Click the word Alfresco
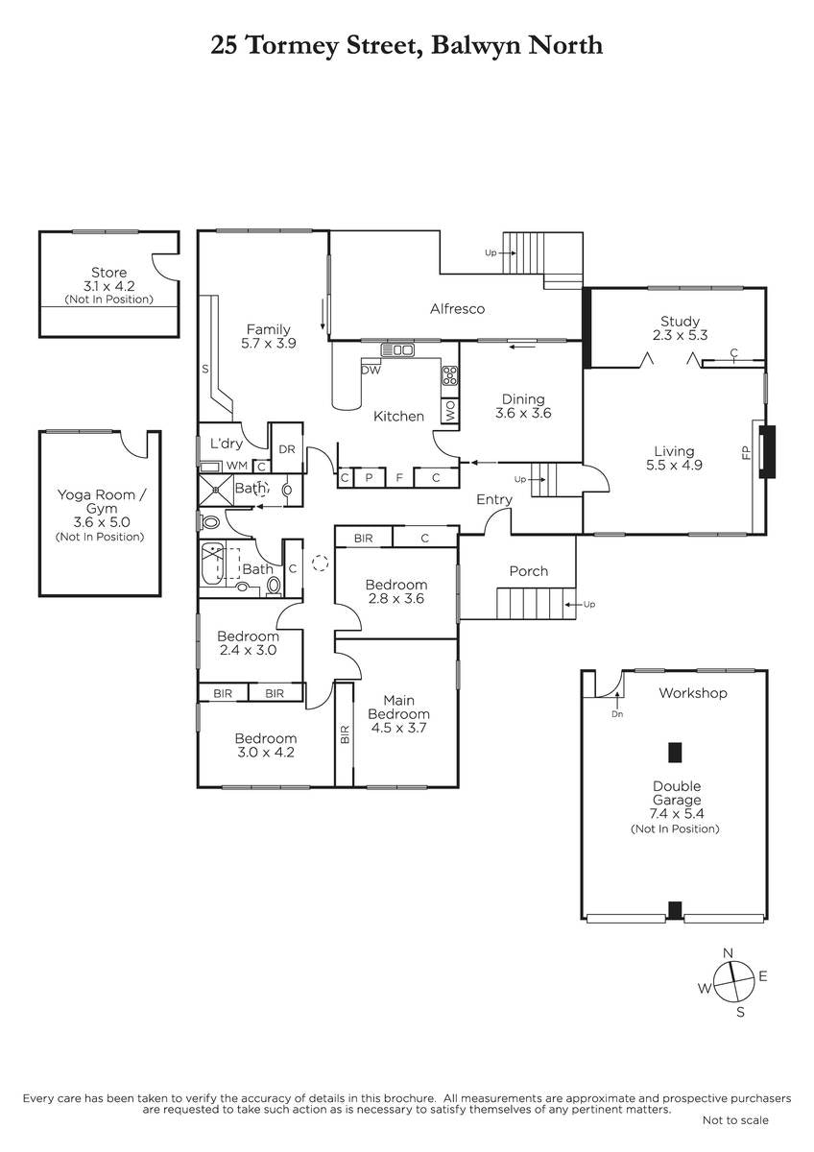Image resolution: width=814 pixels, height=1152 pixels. [x=457, y=308]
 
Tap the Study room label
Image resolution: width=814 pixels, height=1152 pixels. [x=680, y=322]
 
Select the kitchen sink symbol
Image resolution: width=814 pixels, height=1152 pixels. [x=397, y=350]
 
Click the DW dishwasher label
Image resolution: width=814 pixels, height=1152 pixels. [x=371, y=370]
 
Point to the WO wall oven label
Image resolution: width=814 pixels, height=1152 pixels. [x=450, y=411]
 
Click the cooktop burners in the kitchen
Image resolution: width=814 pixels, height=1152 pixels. [x=450, y=375]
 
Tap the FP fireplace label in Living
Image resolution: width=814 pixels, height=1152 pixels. [x=747, y=452]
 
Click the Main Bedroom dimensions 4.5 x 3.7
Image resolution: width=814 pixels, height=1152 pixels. [x=397, y=728]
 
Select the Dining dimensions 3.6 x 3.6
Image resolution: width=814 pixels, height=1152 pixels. [x=523, y=413]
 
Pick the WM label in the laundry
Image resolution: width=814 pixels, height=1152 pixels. [x=237, y=466]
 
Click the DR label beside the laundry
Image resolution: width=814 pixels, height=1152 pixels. [x=287, y=449]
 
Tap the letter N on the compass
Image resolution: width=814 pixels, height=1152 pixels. [x=728, y=953]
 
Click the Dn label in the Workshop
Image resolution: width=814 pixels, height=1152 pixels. [x=617, y=714]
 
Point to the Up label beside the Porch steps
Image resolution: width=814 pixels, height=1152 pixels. [x=589, y=604]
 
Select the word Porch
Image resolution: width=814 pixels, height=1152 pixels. [x=529, y=571]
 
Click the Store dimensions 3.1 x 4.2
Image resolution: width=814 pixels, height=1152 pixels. [x=109, y=286]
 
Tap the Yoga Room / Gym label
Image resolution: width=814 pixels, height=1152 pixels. [x=102, y=501]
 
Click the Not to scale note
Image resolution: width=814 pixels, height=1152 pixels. [x=735, y=1120]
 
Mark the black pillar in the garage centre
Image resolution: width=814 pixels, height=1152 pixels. [x=675, y=752]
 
